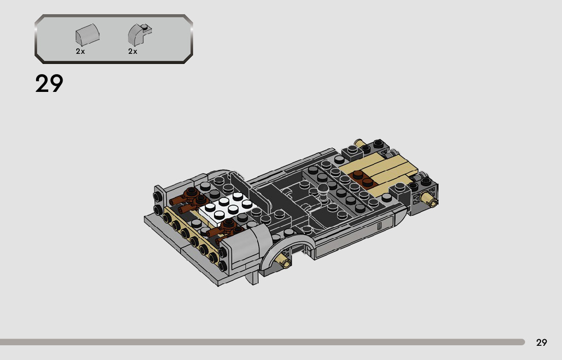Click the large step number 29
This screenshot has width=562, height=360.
click(x=49, y=83)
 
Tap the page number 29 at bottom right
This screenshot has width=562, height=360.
click(x=541, y=342)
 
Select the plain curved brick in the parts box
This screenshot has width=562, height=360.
click(x=87, y=35)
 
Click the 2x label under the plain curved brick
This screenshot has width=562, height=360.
click(x=80, y=51)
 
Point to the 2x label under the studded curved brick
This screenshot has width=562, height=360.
click(x=133, y=51)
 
